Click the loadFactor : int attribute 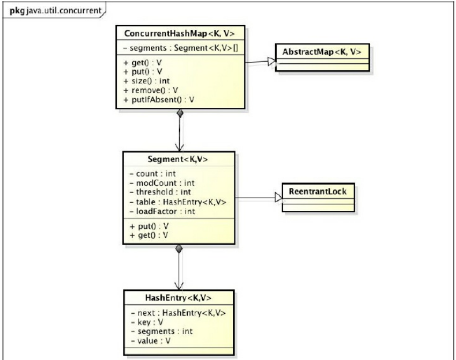tap(156, 210)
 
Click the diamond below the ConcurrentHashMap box tap(179, 113)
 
